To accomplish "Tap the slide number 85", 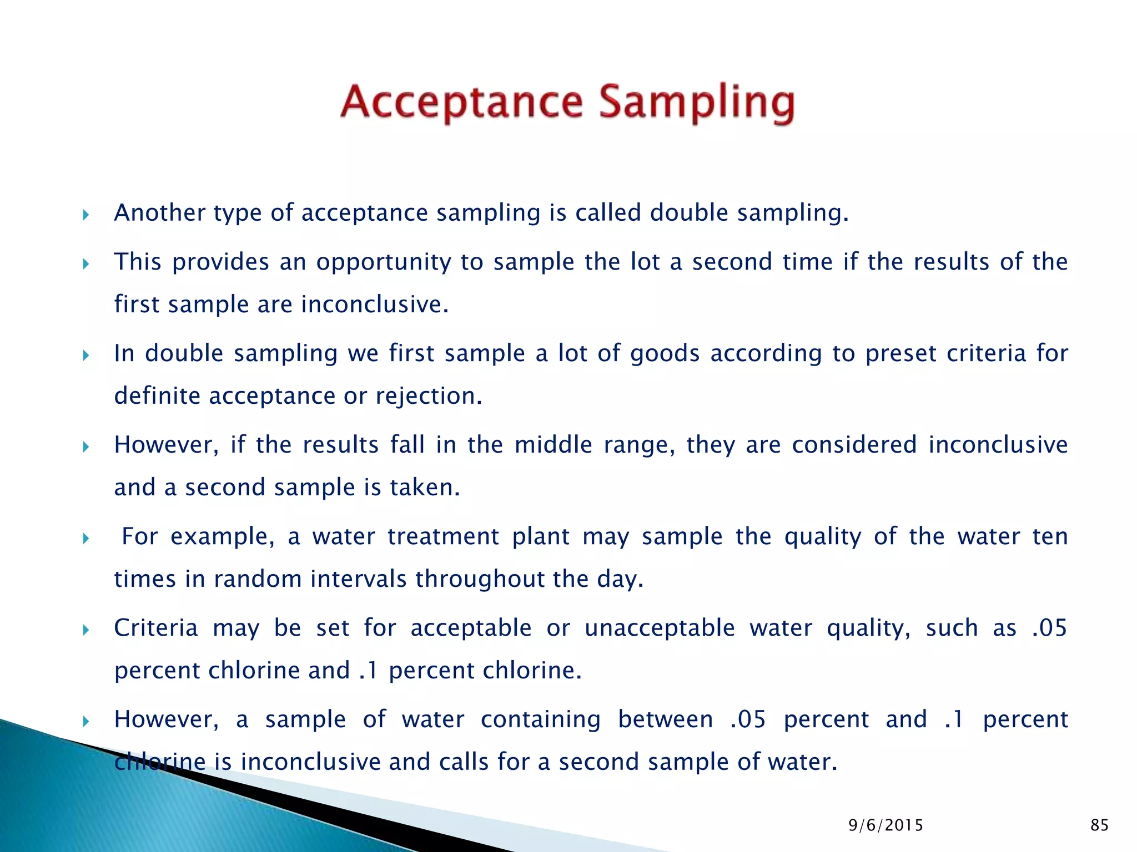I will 1099,825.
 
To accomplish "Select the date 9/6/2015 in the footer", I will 886,825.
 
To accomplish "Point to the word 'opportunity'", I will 383,262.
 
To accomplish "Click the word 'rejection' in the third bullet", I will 425,396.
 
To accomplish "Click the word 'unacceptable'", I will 660,628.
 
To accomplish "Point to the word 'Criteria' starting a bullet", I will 156,628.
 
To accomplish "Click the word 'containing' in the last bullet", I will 540,719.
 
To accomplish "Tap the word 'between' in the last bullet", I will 666,719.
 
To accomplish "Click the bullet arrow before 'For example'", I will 85,539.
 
